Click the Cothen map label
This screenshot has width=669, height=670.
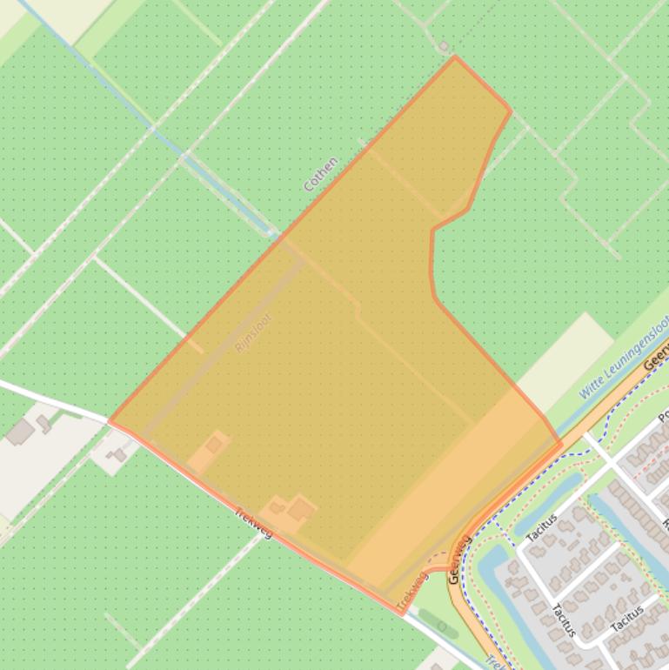click(320, 174)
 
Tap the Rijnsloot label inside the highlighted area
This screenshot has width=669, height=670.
click(253, 332)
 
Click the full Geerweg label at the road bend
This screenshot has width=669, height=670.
click(459, 559)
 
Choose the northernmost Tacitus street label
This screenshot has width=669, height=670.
click(542, 528)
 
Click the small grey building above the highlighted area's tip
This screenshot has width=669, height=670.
click(444, 46)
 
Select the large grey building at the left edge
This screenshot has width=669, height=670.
click(20, 432)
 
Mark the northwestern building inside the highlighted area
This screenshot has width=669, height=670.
click(213, 445)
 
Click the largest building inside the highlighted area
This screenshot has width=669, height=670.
click(301, 508)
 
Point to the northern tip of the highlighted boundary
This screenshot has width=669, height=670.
click(454, 57)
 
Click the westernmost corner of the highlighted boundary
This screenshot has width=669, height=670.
click(109, 421)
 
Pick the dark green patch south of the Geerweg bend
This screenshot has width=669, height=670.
click(438, 622)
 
